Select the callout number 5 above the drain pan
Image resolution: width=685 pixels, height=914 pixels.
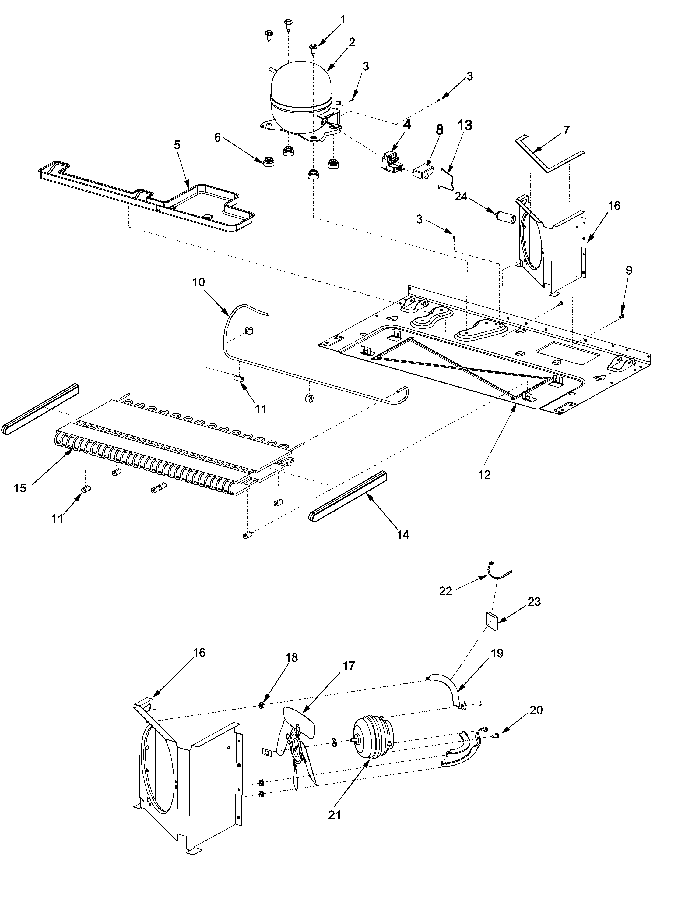177,145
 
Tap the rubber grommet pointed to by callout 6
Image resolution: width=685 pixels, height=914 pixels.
269,160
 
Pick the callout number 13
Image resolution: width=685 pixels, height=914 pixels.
465,125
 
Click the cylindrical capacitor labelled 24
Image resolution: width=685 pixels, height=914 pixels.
506,217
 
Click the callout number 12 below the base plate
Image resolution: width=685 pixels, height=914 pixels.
485,475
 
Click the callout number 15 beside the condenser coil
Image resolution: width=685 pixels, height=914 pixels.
20,488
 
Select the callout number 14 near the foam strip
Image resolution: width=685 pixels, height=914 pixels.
402,534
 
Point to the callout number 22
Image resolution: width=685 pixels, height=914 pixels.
445,591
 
